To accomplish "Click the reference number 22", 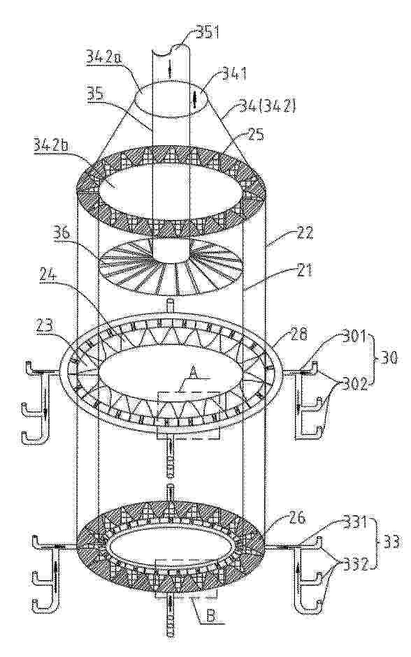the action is click(x=305, y=233).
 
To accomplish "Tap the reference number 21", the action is click(x=303, y=271).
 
